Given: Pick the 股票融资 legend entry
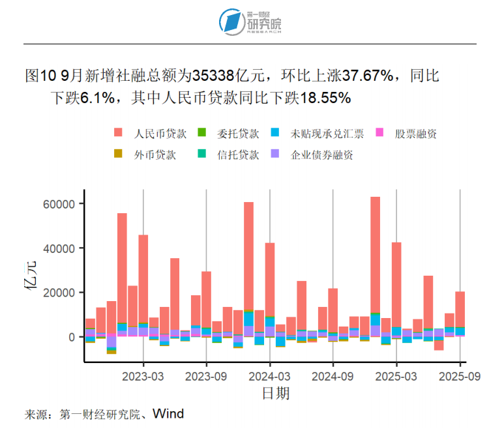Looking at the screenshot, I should [x=415, y=134].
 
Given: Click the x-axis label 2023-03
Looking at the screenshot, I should [x=143, y=377].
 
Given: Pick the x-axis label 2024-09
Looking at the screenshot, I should [x=333, y=377].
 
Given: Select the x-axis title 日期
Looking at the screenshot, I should [x=276, y=393].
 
